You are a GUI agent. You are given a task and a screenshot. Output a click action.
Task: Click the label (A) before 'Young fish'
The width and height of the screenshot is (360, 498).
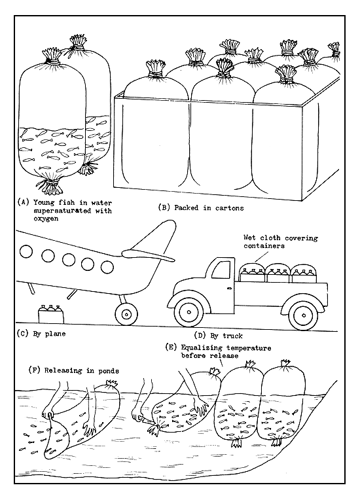click(22, 202)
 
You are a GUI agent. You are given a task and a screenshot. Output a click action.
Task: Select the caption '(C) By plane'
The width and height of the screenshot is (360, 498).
click(41, 332)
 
